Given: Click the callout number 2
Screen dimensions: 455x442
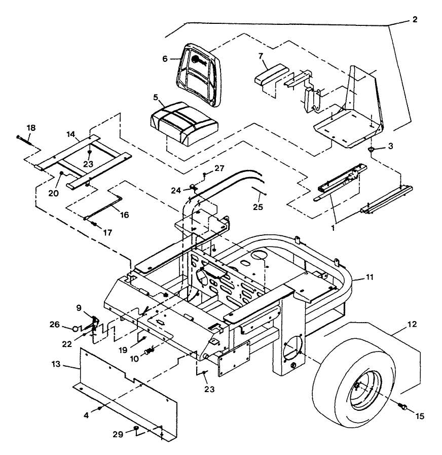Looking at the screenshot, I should tap(415, 20).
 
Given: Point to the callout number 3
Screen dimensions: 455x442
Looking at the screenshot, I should tap(389, 146).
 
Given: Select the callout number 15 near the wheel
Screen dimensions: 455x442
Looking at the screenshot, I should tap(420, 416).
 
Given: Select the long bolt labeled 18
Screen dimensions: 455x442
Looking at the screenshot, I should tap(25, 137).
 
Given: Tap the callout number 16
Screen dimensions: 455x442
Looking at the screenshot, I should tap(124, 215).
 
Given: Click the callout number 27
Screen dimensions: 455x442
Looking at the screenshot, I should tap(218, 168).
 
